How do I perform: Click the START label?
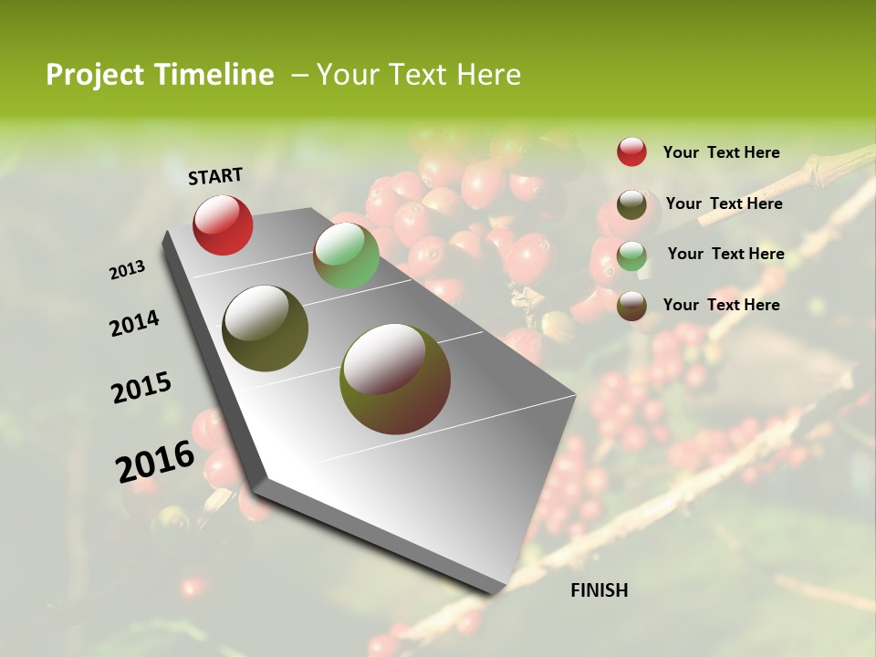tap(215, 176)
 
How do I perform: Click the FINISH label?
tap(600, 590)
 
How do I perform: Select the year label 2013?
tap(127, 270)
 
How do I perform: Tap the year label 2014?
tap(134, 323)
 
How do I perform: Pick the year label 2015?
tap(141, 388)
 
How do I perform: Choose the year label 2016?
tap(155, 462)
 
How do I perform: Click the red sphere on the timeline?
tap(223, 224)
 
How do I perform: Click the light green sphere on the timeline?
tap(346, 255)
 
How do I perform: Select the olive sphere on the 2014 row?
tap(266, 328)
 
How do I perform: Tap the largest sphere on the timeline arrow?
tap(395, 378)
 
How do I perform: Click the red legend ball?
tap(631, 151)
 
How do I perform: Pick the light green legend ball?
tap(631, 255)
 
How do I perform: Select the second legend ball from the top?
tap(631, 204)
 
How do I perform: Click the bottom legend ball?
tap(631, 306)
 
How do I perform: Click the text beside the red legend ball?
tap(721, 152)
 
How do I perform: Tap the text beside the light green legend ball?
tap(725, 254)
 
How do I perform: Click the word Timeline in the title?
tap(214, 75)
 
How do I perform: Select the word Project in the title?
tap(94, 75)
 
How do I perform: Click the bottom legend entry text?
tap(721, 304)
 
